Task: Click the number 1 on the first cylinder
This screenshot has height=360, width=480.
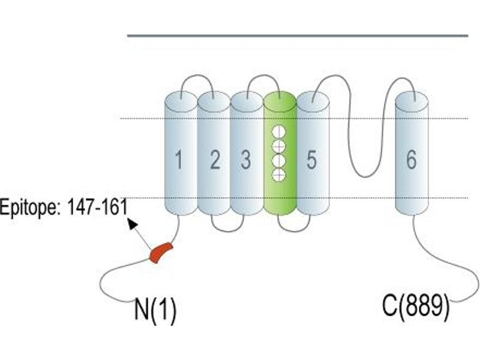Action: coord(179,160)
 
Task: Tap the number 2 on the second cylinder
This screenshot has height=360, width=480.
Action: coord(215,160)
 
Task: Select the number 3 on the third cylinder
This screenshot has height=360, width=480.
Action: coord(246,160)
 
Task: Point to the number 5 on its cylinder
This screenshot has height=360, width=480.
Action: coord(311,160)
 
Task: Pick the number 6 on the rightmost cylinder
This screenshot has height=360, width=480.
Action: coord(411,160)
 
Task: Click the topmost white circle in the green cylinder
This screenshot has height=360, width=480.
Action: coord(279,132)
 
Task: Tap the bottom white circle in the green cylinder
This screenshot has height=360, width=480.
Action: coord(279,175)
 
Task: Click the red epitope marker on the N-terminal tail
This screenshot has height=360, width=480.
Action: coord(161,252)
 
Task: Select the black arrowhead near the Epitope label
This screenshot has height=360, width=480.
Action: coord(132,224)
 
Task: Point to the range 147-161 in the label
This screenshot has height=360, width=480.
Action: coord(97,206)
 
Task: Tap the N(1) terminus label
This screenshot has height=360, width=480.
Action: coord(155,310)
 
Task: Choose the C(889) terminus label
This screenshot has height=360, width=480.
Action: coord(416,306)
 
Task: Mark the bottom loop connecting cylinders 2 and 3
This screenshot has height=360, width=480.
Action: coord(227,231)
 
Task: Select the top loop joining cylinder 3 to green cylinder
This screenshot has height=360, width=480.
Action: coord(263,76)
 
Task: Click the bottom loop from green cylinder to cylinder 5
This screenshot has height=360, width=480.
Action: coord(294,231)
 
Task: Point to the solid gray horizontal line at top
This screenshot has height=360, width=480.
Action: coord(298,36)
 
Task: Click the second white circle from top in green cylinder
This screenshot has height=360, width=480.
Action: coord(279,146)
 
